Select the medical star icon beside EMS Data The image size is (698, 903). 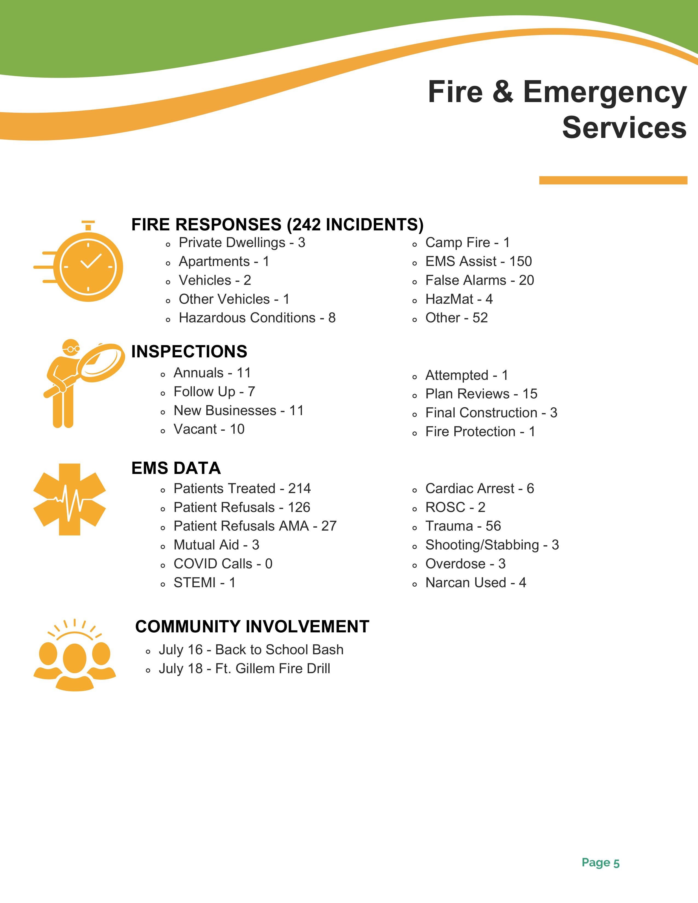[x=70, y=499]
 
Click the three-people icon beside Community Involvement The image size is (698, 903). [x=74, y=657]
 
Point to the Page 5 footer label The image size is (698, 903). [x=600, y=863]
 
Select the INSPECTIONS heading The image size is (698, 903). [x=189, y=351]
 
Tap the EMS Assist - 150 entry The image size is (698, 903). [x=478, y=261]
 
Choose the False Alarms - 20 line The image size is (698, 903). [x=480, y=280]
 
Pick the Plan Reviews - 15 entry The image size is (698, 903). [x=481, y=393]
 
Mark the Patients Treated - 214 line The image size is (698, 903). [x=242, y=488]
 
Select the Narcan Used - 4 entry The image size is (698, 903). [x=475, y=583]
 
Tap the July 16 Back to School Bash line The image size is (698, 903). [x=251, y=650]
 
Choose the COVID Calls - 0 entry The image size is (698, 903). [x=223, y=563]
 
